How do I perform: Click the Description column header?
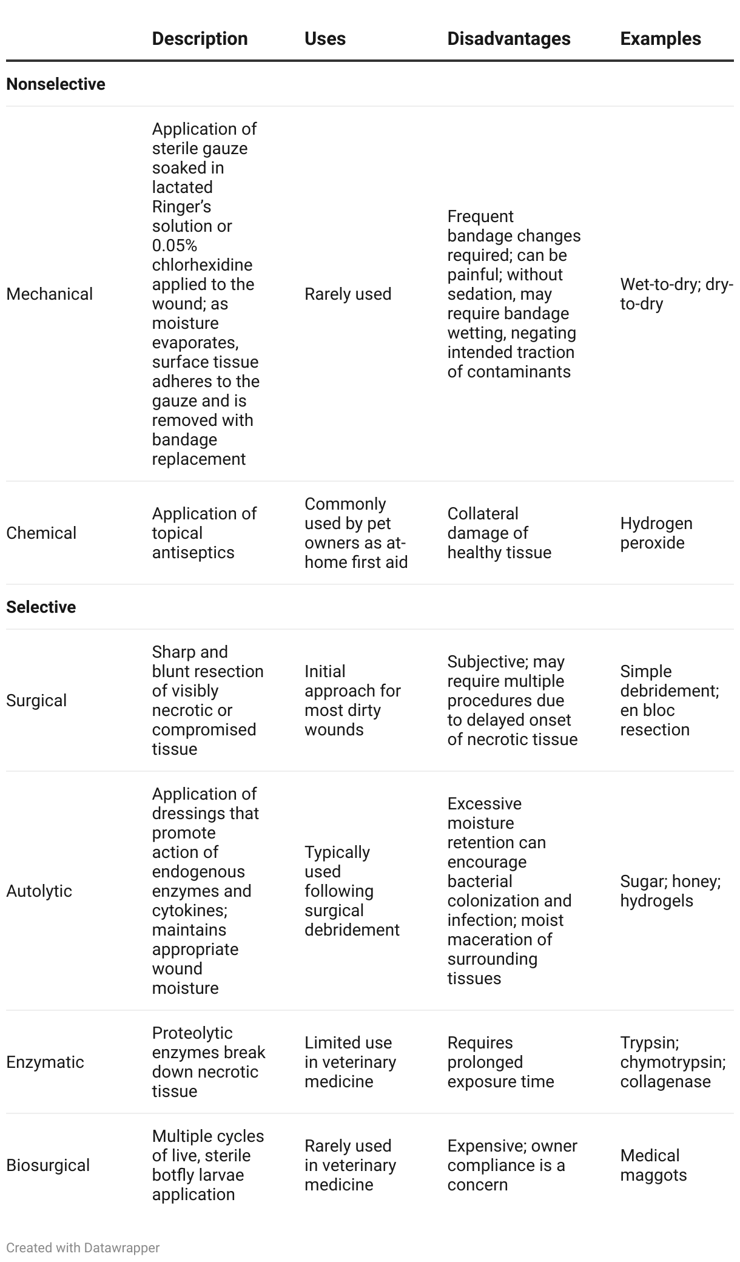[200, 39]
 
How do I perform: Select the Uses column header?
[325, 39]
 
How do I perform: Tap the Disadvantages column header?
[508, 39]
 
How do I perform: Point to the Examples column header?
[660, 39]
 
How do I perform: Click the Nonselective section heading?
[56, 84]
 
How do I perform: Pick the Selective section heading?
[41, 607]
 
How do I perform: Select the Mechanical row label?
[50, 294]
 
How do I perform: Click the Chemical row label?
[41, 533]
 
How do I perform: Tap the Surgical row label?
[36, 700]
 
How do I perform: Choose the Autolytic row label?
[39, 891]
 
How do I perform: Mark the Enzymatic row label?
[45, 1062]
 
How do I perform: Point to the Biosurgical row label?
[48, 1165]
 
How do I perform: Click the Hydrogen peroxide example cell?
[656, 533]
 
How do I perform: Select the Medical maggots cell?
[653, 1165]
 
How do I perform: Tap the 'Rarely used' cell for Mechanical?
[348, 294]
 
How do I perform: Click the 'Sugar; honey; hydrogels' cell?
[670, 891]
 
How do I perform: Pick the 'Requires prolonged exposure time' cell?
[500, 1062]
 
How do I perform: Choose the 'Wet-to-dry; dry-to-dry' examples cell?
[676, 294]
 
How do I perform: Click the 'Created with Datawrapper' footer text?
[83, 1247]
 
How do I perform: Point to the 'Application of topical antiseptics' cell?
[204, 533]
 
